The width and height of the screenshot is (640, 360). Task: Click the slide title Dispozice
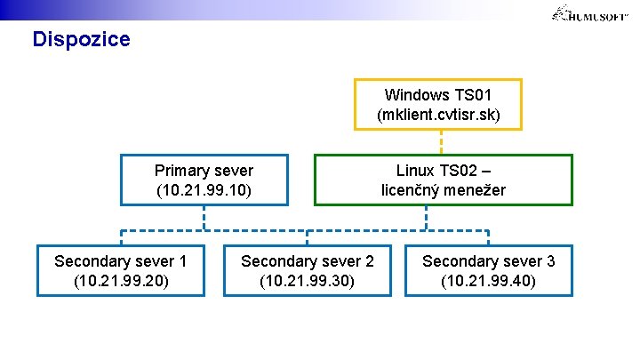[81, 40]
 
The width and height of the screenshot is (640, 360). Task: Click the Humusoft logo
[591, 13]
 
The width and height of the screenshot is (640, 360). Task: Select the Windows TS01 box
[438, 104]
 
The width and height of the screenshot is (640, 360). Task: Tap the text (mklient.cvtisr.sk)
[438, 116]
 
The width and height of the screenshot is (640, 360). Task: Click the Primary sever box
[204, 180]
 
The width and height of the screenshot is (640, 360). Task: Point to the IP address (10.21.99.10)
[204, 190]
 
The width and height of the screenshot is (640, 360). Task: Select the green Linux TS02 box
[443, 180]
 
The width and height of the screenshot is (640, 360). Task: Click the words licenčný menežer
[443, 190]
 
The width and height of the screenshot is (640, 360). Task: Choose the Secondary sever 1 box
[120, 270]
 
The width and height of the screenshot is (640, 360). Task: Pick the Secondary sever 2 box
[307, 270]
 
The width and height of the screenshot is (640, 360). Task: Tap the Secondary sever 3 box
[488, 270]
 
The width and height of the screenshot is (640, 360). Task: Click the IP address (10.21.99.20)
[120, 281]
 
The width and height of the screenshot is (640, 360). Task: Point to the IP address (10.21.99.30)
[307, 281]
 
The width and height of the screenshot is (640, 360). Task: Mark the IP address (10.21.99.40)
[488, 281]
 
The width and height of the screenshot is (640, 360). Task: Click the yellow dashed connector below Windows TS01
[441, 142]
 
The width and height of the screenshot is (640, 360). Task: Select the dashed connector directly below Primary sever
[204, 218]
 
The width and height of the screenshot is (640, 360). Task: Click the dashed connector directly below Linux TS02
[428, 218]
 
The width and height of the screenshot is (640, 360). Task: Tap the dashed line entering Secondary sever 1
[121, 237]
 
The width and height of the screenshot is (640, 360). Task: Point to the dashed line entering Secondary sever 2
[308, 237]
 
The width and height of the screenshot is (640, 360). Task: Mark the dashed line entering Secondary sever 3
[488, 237]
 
